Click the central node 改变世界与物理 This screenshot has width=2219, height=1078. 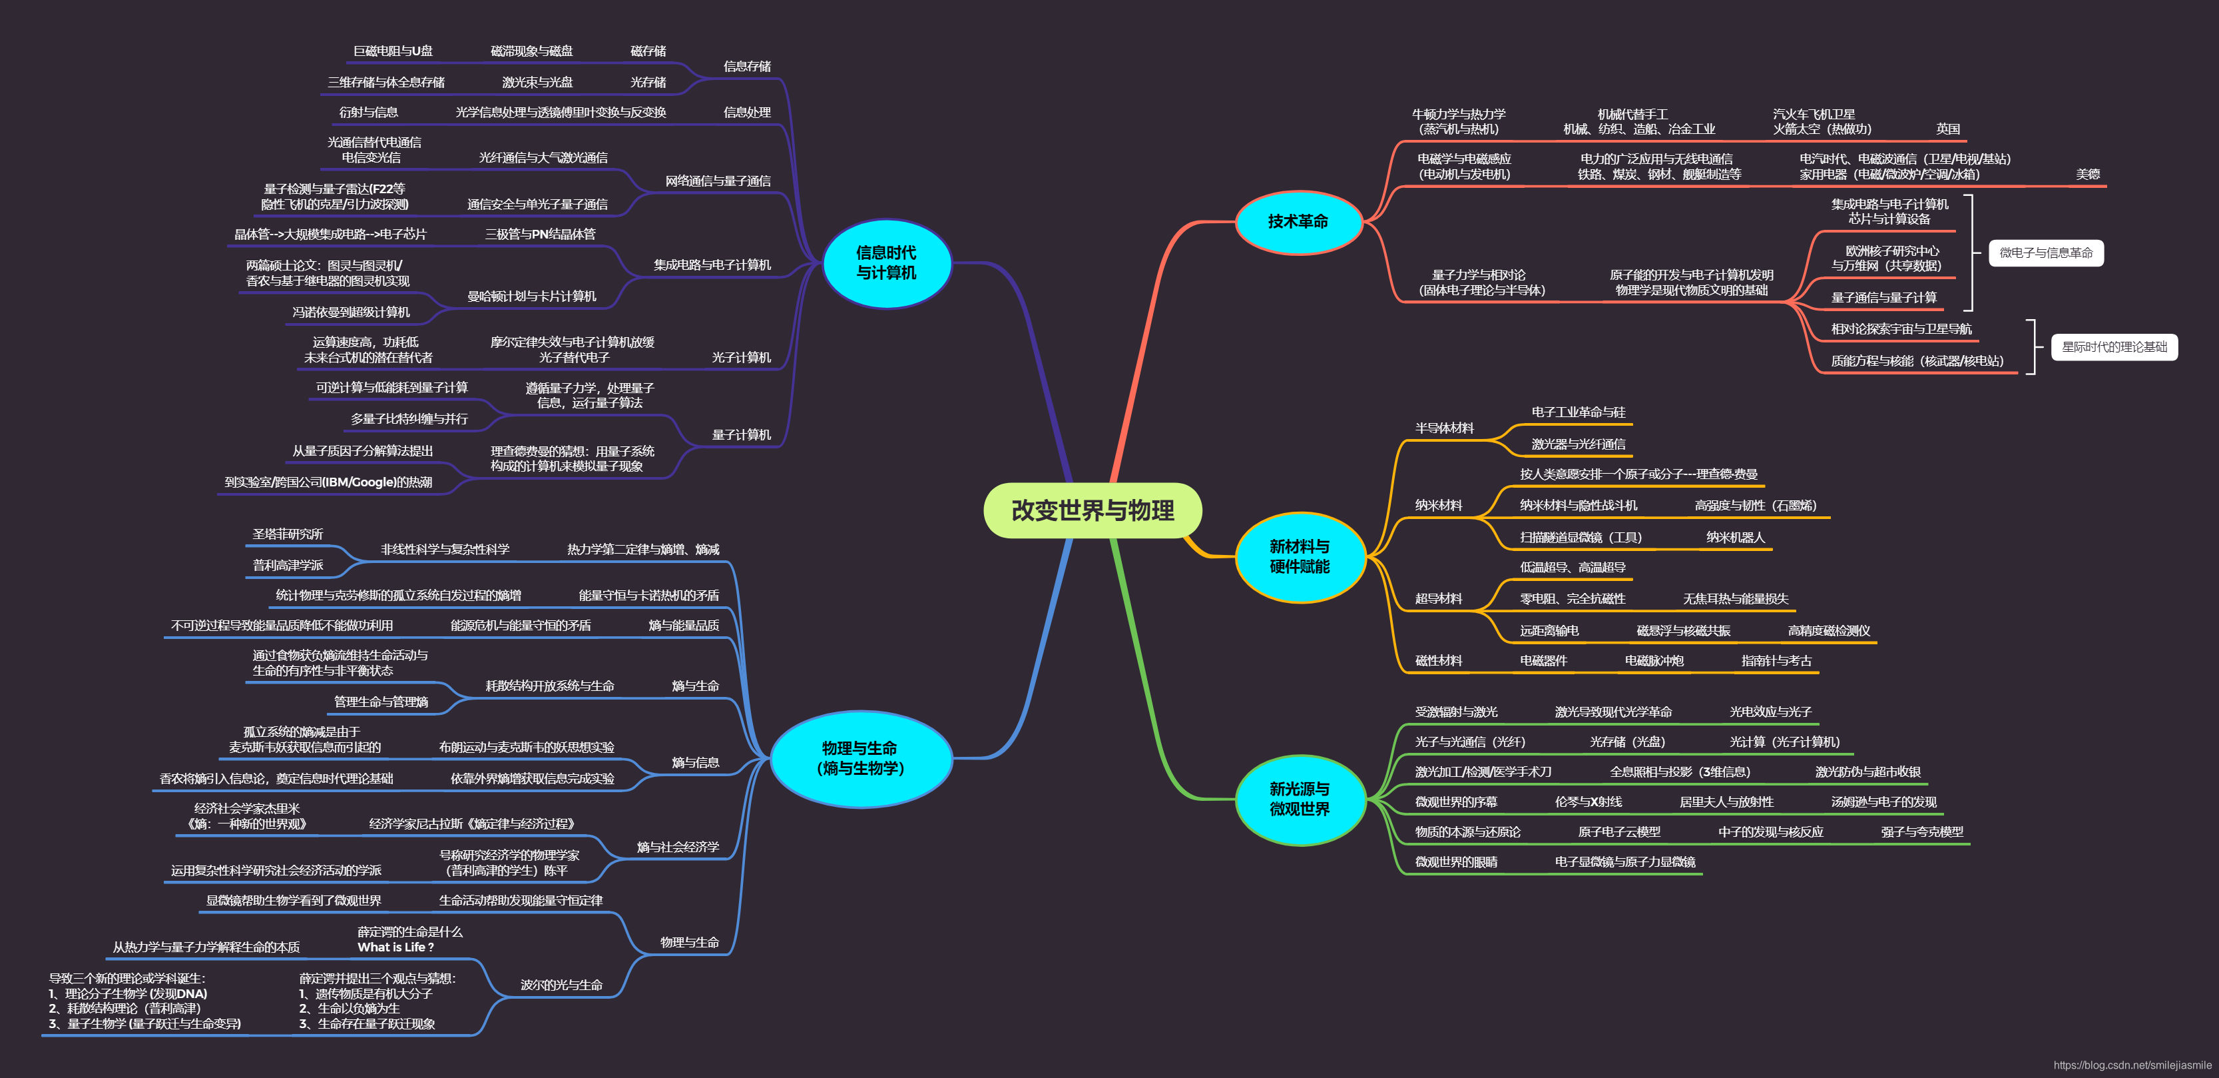(x=1093, y=510)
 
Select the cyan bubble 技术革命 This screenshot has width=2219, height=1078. (x=1298, y=221)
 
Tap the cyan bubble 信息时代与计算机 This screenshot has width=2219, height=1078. (x=886, y=263)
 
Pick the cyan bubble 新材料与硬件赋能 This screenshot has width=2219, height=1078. (x=1299, y=557)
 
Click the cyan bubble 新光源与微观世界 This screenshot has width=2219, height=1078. (x=1299, y=799)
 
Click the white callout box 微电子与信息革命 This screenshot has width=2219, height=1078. (x=2045, y=253)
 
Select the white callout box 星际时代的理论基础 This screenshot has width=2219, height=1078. (x=2114, y=346)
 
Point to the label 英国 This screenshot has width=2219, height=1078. (x=1947, y=129)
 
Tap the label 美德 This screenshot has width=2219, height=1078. (x=2087, y=174)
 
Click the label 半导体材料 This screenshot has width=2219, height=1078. (x=1444, y=428)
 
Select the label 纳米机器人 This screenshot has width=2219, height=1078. (x=1735, y=537)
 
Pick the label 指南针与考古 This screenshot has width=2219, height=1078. (x=1776, y=660)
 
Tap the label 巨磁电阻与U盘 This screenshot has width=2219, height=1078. (x=393, y=51)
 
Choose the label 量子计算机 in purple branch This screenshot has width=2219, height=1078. (x=741, y=434)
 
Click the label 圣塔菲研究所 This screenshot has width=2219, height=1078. (x=288, y=534)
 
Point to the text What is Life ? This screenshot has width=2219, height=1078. (x=395, y=947)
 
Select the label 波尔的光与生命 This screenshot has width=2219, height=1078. (x=561, y=984)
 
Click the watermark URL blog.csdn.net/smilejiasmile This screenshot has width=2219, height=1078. (x=2132, y=1065)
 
